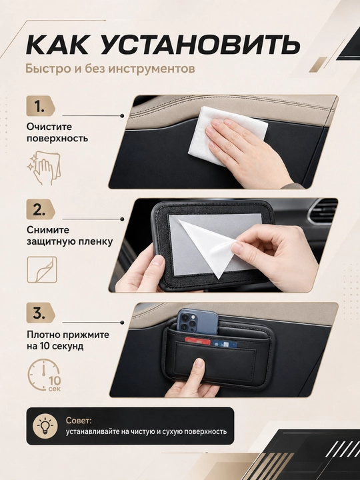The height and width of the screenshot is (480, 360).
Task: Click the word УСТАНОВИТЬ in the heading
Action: [200, 45]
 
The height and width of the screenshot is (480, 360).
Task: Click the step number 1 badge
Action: [41, 106]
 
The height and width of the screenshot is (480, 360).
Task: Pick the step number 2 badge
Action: [41, 209]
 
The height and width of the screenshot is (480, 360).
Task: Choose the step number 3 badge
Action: [41, 313]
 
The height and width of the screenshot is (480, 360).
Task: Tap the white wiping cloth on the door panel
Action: [227, 134]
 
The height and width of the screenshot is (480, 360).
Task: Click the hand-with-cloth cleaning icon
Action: [44, 167]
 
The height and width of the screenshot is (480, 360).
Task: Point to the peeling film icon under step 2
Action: [42, 270]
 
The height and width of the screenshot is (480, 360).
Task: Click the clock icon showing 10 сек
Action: [45, 375]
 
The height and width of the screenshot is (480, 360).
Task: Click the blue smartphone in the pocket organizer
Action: [197, 321]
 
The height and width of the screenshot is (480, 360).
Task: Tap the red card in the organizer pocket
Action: [198, 341]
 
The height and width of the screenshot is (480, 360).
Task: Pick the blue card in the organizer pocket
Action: [225, 343]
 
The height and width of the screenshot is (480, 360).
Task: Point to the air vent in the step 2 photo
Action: [323, 211]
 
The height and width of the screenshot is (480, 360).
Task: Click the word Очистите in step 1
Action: [49, 127]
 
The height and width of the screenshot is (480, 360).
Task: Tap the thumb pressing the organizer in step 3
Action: [198, 368]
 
